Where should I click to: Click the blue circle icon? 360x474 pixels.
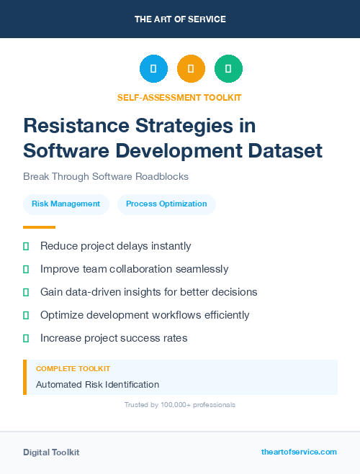[153, 69]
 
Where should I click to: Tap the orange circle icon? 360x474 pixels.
[191, 69]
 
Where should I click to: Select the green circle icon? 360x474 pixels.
[228, 69]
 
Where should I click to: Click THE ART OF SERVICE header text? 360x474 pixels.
[180, 19]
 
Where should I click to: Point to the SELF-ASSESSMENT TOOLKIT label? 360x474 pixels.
[180, 97]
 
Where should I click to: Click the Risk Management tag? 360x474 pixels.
[66, 204]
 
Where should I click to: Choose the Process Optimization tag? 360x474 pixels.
[166, 204]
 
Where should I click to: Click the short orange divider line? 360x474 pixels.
[35, 227]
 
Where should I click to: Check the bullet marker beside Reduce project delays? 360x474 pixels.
[26, 247]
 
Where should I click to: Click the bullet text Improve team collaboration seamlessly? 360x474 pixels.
[134, 269]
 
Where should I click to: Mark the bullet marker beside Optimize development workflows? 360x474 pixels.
[26, 315]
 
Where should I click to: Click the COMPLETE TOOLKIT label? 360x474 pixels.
[73, 368]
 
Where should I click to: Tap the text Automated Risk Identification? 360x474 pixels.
[97, 385]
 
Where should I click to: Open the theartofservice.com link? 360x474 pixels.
[299, 452]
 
